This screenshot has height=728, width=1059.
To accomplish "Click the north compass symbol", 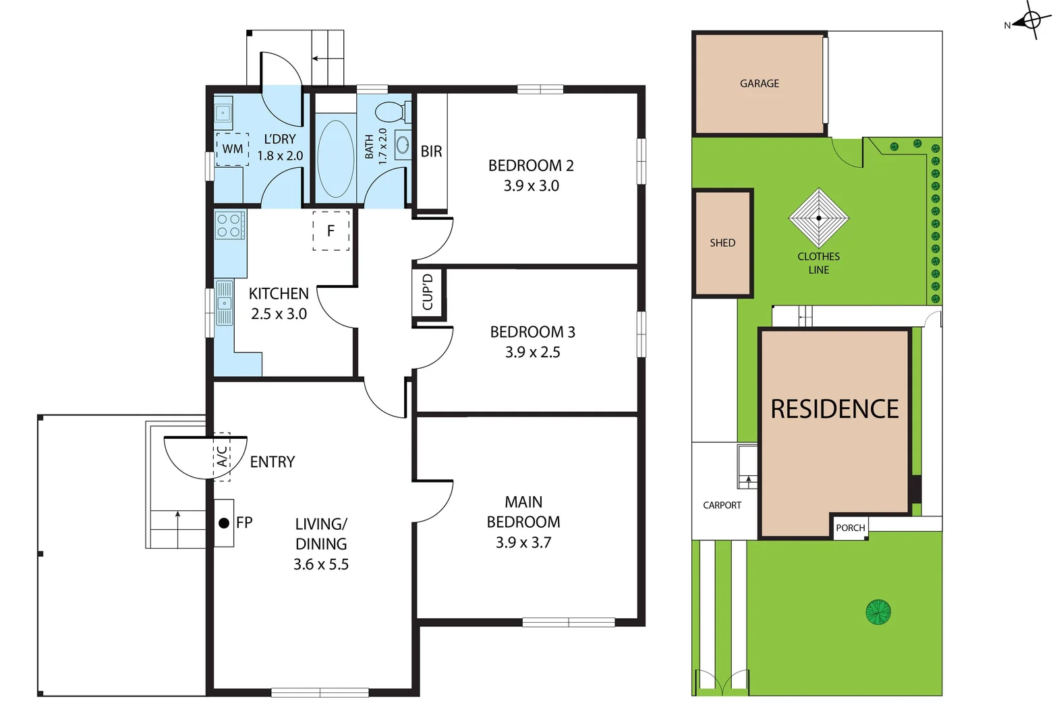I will pyautogui.click(x=1031, y=20).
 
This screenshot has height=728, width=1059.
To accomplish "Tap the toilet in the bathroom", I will pyautogui.click(x=390, y=111).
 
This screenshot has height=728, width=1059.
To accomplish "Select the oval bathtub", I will pyautogui.click(x=335, y=159).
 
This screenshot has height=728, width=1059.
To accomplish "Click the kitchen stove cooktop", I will pyautogui.click(x=229, y=225).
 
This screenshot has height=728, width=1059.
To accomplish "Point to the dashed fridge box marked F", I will pyautogui.click(x=331, y=231).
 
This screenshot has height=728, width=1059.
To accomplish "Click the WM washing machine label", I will pyautogui.click(x=232, y=149).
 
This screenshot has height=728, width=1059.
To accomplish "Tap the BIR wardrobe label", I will pyautogui.click(x=431, y=152).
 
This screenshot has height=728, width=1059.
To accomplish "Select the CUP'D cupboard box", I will pyautogui.click(x=428, y=293).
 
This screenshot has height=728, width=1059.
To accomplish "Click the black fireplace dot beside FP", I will pyautogui.click(x=224, y=522).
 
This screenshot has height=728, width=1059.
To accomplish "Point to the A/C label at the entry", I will pyautogui.click(x=222, y=456).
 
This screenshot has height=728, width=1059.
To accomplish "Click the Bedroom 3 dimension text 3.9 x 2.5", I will pyautogui.click(x=532, y=352).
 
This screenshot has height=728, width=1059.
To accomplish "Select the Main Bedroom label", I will pyautogui.click(x=523, y=512).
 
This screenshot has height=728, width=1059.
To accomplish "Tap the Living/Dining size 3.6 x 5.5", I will pyautogui.click(x=321, y=564).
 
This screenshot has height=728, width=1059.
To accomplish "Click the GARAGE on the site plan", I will pyautogui.click(x=759, y=84).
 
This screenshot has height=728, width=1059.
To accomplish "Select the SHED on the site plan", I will pyautogui.click(x=722, y=243).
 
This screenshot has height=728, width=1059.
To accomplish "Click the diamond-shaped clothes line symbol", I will pyautogui.click(x=819, y=218).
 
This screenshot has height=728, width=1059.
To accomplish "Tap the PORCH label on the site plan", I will pyautogui.click(x=850, y=528).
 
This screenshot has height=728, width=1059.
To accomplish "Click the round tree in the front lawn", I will pyautogui.click(x=878, y=612).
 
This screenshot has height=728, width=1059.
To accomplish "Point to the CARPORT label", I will pyautogui.click(x=722, y=505).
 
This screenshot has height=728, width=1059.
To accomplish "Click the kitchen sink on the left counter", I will pyautogui.click(x=224, y=303).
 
